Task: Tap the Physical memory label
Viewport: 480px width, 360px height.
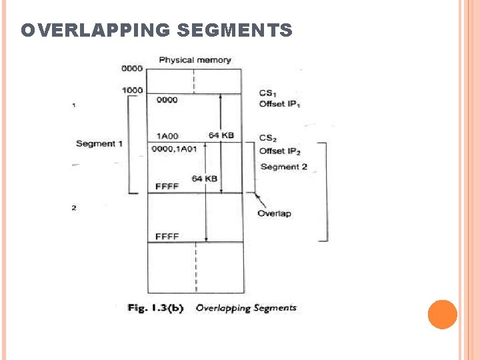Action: (195, 60)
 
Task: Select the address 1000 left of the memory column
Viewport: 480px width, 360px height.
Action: (132, 90)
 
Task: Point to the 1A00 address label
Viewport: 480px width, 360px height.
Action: (167, 136)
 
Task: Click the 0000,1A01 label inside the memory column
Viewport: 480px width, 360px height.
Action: (174, 149)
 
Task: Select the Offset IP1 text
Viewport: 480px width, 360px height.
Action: (279, 104)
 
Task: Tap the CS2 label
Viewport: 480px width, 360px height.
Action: (267, 138)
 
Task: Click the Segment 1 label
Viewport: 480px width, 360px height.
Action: (99, 144)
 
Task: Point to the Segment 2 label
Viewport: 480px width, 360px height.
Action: (284, 167)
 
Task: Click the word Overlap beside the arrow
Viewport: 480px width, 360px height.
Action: (274, 213)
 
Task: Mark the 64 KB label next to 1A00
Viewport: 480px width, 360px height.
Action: (221, 135)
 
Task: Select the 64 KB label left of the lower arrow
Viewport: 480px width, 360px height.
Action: (204, 179)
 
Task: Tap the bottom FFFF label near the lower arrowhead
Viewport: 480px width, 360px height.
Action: (167, 237)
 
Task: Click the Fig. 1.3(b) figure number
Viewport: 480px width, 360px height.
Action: (155, 308)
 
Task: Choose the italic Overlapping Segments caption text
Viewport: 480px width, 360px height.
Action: (246, 308)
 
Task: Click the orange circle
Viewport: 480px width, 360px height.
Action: (442, 314)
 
